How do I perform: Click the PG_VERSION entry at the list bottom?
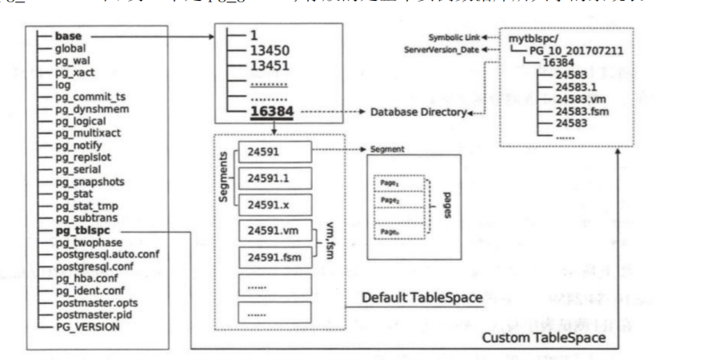[x=87, y=326]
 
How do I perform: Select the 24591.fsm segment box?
[x=273, y=258]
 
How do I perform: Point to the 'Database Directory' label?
[x=418, y=114]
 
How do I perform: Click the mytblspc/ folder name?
[x=534, y=36]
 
